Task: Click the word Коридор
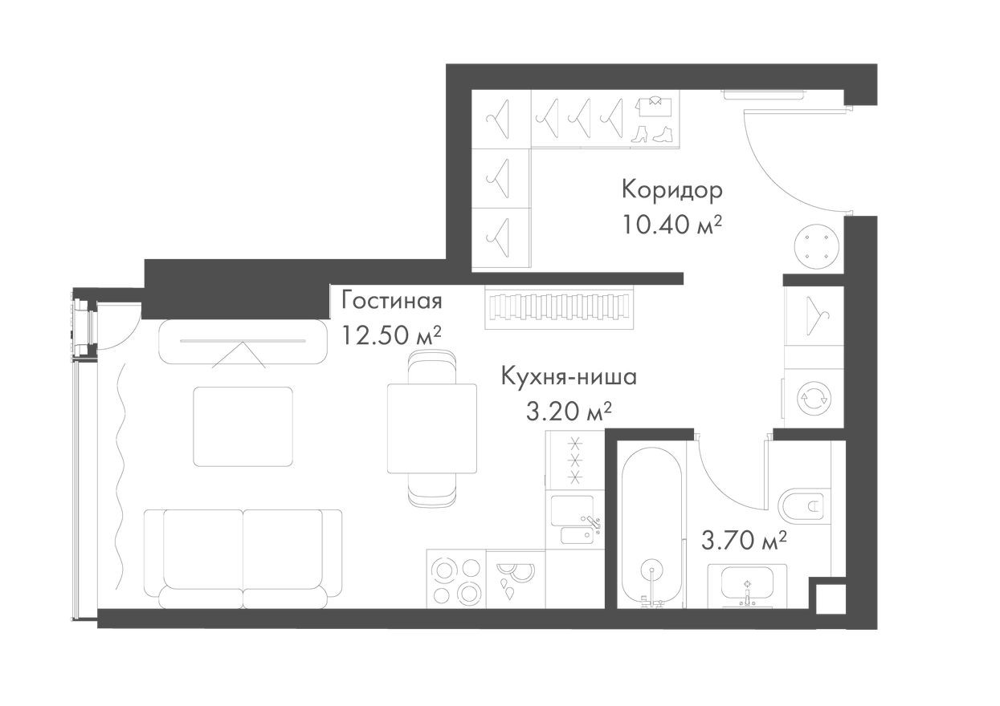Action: [x=671, y=190]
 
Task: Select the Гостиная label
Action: [x=392, y=301]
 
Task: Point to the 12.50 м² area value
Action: [x=392, y=335]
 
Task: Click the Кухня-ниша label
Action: [x=569, y=376]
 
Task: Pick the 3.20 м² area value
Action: [x=569, y=412]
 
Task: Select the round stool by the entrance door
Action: [x=817, y=244]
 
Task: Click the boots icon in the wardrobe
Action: [x=651, y=133]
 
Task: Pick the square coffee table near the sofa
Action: [x=243, y=426]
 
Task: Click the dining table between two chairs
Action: [x=431, y=428]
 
